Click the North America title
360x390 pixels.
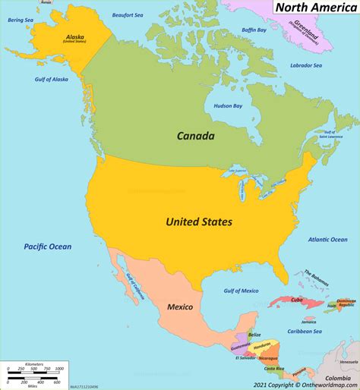[311, 8]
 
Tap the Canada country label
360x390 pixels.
[195, 137]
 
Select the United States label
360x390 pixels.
[199, 222]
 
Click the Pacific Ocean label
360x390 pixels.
[47, 247]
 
